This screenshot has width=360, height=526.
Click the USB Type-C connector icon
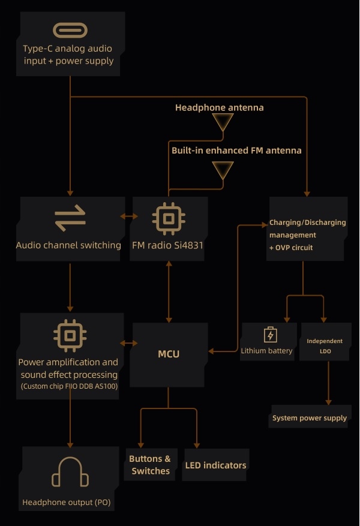point(70,30)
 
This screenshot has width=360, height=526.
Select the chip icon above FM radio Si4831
point(169,219)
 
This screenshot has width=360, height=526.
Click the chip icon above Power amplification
point(70,335)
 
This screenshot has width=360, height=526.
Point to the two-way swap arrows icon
point(70,218)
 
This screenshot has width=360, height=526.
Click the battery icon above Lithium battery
point(271,335)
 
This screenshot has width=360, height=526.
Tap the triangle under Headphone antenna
point(223,122)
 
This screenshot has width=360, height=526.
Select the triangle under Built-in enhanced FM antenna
point(223,170)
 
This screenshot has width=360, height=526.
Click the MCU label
point(169,354)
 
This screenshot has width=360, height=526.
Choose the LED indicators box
point(216,465)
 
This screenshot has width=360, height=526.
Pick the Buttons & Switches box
point(150,465)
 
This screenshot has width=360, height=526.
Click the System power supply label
point(310,418)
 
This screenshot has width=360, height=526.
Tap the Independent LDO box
point(325,341)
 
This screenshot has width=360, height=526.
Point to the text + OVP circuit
point(291,248)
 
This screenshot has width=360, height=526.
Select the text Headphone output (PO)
point(67,502)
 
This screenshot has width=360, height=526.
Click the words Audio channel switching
point(68,245)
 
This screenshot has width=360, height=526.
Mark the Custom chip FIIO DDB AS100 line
point(70,386)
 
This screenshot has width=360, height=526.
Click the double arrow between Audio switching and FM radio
point(129,217)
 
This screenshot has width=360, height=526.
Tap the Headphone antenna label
point(220,108)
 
